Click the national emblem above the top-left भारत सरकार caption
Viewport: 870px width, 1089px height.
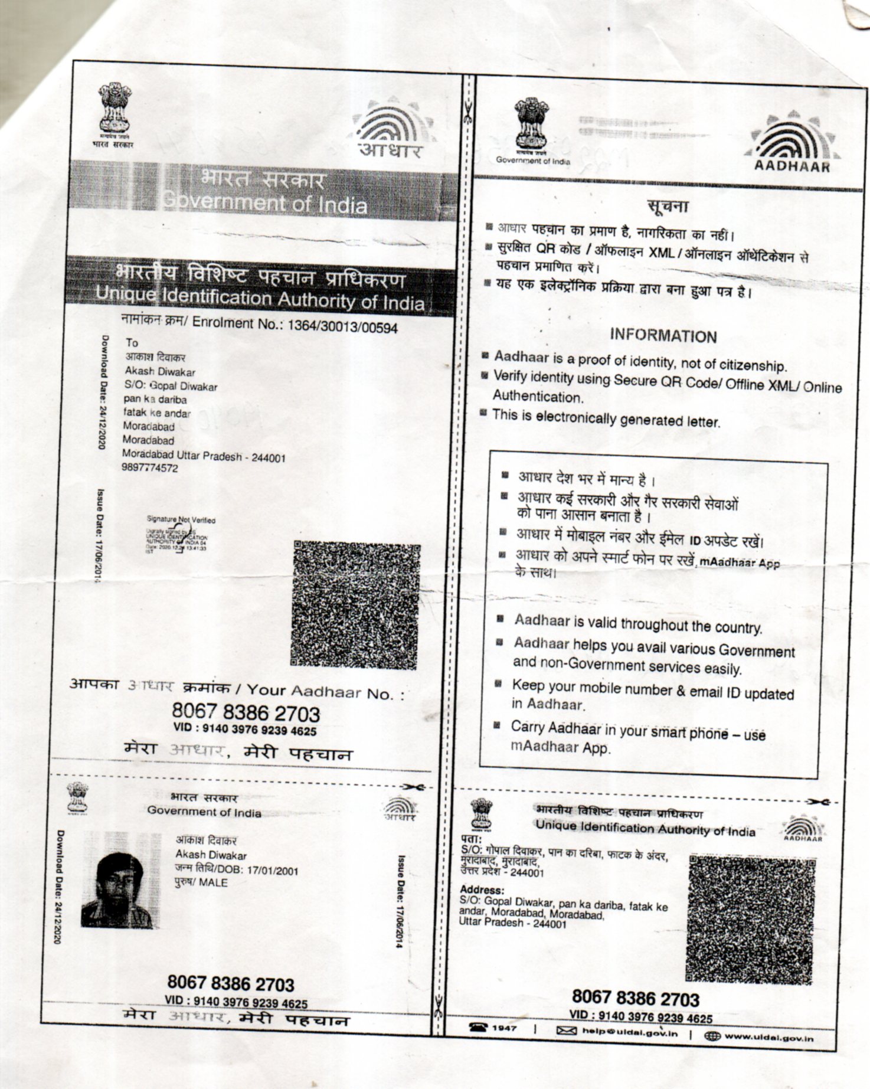[x=114, y=108]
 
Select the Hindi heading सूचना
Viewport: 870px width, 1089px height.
[x=667, y=207]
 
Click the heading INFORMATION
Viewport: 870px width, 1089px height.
[x=663, y=336]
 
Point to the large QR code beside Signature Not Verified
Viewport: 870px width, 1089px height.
[x=356, y=605]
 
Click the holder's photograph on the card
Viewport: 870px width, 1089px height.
[x=120, y=880]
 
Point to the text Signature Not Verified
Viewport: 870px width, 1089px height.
[x=181, y=520]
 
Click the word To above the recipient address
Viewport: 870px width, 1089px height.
[x=132, y=342]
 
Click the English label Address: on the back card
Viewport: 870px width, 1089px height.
[x=482, y=890]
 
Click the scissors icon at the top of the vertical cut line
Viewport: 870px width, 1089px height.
[x=468, y=112]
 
